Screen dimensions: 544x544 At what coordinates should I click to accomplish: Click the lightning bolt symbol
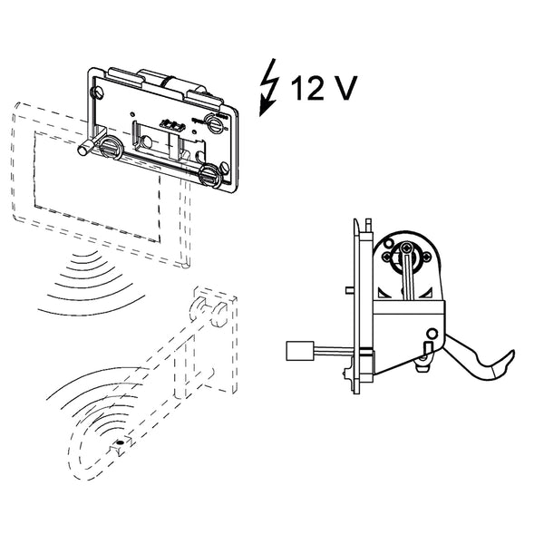click(x=270, y=88)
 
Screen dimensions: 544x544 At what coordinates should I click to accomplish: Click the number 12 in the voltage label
click(x=309, y=88)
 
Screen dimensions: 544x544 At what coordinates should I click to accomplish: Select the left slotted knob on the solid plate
click(x=111, y=146)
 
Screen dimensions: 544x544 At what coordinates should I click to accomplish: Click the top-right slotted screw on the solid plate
click(x=215, y=123)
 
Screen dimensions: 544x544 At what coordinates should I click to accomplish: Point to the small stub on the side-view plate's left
click(x=349, y=290)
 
